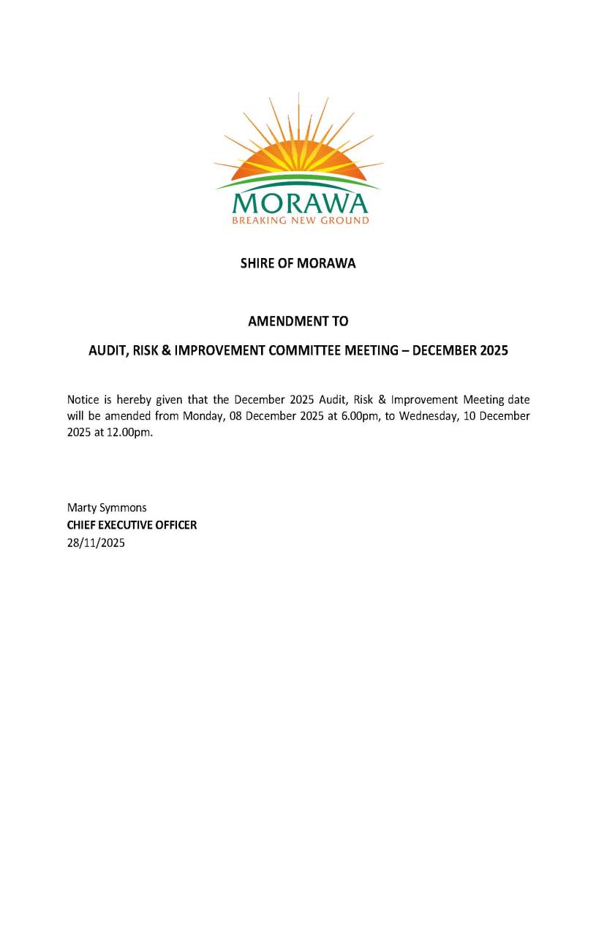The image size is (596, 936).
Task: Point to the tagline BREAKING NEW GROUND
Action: pyautogui.click(x=300, y=220)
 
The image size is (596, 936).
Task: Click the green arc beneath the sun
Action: pyautogui.click(x=298, y=180)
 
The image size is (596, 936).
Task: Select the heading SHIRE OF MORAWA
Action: pyautogui.click(x=298, y=263)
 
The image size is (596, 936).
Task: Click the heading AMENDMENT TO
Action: pyautogui.click(x=298, y=321)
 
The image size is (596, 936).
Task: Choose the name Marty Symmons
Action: pyautogui.click(x=107, y=507)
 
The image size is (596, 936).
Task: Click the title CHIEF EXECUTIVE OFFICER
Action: pyautogui.click(x=132, y=525)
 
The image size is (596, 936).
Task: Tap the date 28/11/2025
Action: pyautogui.click(x=96, y=543)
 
